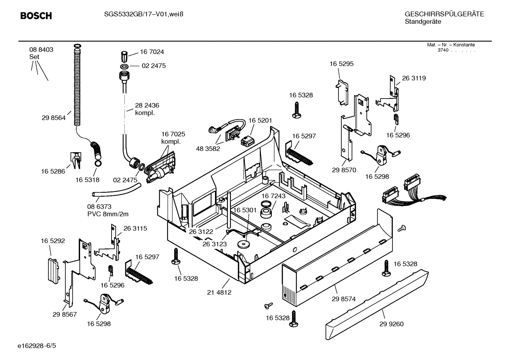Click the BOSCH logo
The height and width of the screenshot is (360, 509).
(x=36, y=16)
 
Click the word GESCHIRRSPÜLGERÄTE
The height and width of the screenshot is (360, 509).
(x=444, y=14)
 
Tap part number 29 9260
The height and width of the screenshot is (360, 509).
(x=391, y=324)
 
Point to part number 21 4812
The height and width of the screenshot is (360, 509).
(x=219, y=293)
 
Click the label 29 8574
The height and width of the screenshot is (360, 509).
(x=343, y=299)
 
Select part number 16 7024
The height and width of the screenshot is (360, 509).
(x=152, y=52)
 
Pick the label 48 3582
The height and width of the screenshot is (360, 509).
(x=208, y=149)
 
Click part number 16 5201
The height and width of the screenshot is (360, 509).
(x=260, y=120)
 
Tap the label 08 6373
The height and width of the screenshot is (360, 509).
(x=99, y=207)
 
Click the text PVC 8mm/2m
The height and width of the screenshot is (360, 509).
(x=108, y=214)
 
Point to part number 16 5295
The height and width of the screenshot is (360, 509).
(x=341, y=64)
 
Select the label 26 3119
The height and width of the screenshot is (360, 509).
(x=414, y=78)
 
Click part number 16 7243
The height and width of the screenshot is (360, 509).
(x=274, y=196)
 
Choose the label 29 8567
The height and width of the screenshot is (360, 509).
(x=65, y=314)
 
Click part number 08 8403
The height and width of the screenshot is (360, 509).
(x=41, y=50)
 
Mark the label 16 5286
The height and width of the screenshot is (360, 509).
(x=53, y=171)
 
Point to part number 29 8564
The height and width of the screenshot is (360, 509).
(x=54, y=118)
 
